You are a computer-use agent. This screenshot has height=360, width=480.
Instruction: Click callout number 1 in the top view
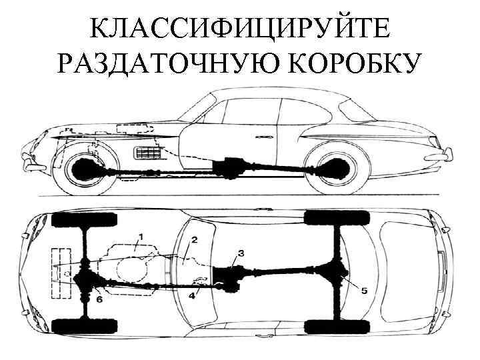click(140, 237)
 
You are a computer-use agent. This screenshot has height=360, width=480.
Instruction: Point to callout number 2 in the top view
click(194, 239)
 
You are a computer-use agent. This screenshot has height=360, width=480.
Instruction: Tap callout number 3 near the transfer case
click(241, 253)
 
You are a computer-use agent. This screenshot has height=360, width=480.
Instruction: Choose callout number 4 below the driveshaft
click(193, 295)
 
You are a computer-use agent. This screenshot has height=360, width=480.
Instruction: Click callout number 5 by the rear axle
click(364, 291)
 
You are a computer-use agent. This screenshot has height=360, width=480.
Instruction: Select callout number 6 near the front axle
click(99, 299)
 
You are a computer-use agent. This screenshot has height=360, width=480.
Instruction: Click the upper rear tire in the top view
click(337, 217)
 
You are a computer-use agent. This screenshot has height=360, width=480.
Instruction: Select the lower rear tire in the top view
click(336, 327)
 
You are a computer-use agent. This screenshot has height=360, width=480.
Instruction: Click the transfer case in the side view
click(230, 166)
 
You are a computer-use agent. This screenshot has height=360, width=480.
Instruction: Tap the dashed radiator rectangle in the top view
click(61, 272)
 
